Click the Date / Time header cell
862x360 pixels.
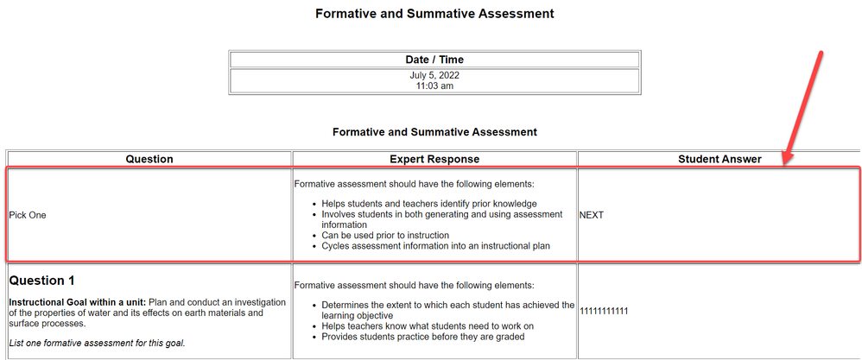[x=434, y=60]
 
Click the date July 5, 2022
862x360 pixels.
[x=434, y=75]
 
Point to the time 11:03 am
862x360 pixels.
[x=434, y=85]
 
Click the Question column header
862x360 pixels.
[x=149, y=159]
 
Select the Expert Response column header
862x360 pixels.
[x=434, y=159]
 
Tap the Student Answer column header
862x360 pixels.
[x=719, y=159]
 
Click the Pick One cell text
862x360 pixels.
[x=28, y=215]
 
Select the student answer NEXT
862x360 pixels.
[x=592, y=215]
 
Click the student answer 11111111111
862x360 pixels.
[x=604, y=311]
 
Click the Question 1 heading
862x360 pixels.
[x=50, y=281]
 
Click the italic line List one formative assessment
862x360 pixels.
[x=97, y=344]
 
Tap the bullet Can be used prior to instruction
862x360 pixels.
[x=385, y=235]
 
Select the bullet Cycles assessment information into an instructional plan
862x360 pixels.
[x=436, y=246]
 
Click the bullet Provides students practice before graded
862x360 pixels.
[x=422, y=337]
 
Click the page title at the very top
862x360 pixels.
[x=434, y=14]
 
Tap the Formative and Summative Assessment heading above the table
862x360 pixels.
[x=434, y=132]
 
